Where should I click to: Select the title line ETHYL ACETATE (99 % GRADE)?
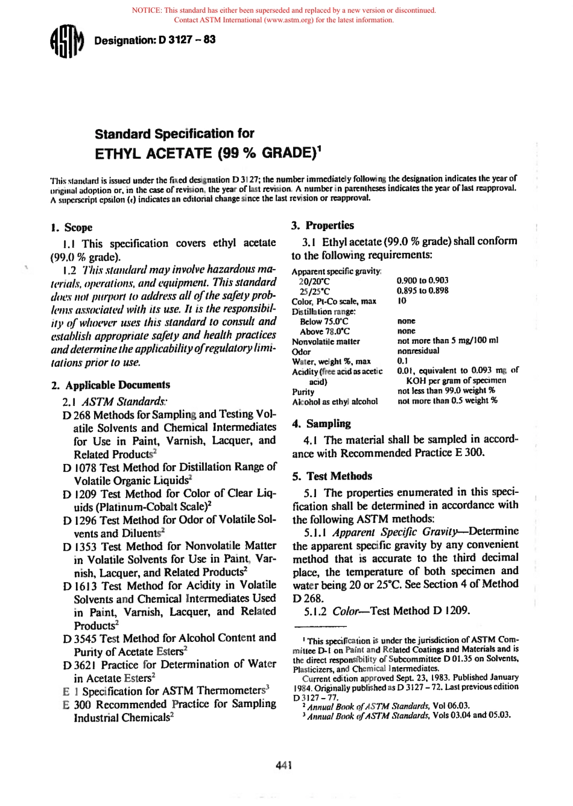tap(207, 153)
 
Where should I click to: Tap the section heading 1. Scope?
tap(72, 227)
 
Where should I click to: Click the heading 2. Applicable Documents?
tap(111, 385)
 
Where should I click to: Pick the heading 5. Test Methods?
tap(332, 476)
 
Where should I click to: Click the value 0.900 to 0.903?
tap(422, 281)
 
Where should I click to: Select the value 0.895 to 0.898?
tap(422, 290)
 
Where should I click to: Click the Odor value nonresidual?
tap(418, 351)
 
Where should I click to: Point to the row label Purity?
tap(303, 392)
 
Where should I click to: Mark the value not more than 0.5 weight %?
tap(447, 401)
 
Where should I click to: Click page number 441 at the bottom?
tap(284, 766)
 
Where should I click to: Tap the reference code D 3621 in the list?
tap(79, 665)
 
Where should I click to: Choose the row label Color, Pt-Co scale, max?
tap(334, 301)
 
